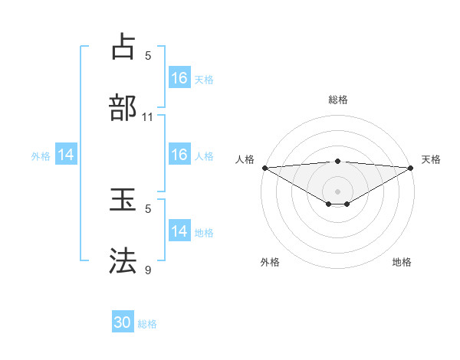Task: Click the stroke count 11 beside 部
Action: coord(148,117)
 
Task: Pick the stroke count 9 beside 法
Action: coord(148,269)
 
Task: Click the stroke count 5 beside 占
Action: coord(148,55)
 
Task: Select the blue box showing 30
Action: coord(123,322)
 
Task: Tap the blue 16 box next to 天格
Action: coord(179,78)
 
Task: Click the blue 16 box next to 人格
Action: coord(179,155)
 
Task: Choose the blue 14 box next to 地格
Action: coord(179,231)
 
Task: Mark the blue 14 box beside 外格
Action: coord(66,155)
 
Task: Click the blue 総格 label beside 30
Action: coord(147,324)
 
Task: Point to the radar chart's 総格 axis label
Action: coord(337,100)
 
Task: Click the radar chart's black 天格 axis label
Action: coord(431,159)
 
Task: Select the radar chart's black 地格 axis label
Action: coord(402,262)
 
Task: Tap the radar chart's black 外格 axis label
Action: coord(270,262)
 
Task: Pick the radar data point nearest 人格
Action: coord(264,167)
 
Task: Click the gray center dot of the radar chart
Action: coord(337,191)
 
